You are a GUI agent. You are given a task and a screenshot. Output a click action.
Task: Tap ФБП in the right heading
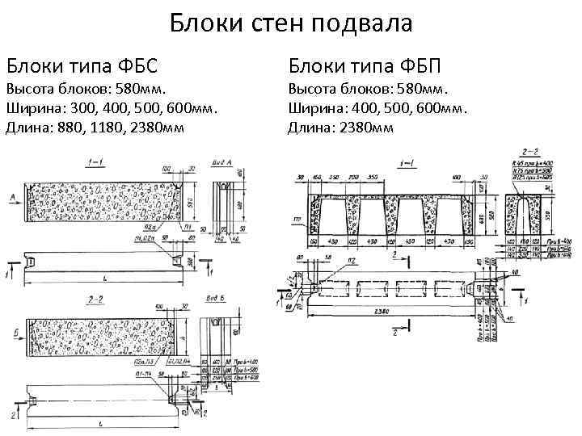tap(418, 63)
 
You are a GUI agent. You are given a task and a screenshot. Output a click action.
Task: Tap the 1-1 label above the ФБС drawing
tap(95, 162)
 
